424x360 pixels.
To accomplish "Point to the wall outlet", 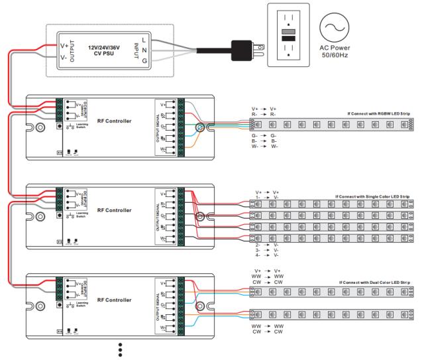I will click(x=288, y=37).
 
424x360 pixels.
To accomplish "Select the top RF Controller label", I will click(x=114, y=121).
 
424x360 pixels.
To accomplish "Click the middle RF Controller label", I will click(x=114, y=210).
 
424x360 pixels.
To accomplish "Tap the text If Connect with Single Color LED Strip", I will click(x=372, y=196).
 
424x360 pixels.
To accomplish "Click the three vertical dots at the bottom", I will click(x=119, y=349).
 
